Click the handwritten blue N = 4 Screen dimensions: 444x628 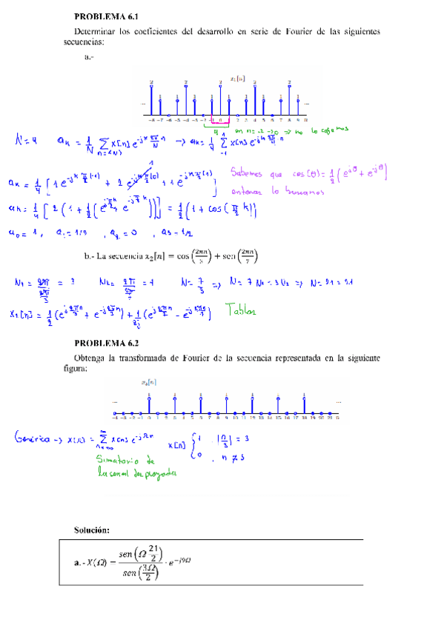tap(29, 138)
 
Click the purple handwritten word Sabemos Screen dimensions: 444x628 tap(251, 176)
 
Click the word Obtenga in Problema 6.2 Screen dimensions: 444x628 tap(93, 358)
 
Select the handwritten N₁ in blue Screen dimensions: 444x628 tap(20, 282)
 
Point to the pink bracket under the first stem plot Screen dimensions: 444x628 tap(220, 122)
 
